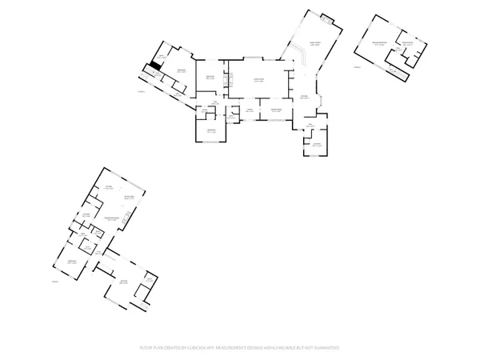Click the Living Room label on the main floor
258,79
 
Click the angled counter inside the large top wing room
302,56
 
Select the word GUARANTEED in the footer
325,348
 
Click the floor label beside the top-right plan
358,67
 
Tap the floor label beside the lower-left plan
56,282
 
